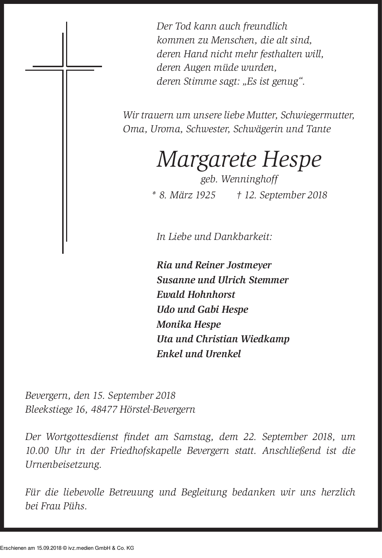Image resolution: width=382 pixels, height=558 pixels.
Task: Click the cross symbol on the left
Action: [64, 68]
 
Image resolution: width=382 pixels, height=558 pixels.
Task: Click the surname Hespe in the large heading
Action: [291, 160]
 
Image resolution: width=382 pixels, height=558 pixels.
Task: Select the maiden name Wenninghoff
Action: [249, 179]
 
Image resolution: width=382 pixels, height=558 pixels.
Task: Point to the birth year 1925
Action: [205, 195]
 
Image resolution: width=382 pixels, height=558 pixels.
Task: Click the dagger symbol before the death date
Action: [240, 195]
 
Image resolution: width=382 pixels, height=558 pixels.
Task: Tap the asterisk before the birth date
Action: [154, 194]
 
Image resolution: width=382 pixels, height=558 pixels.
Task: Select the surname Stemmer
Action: [269, 280]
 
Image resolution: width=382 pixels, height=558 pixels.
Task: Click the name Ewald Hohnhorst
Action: [196, 295]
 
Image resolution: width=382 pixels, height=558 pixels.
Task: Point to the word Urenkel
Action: [223, 354]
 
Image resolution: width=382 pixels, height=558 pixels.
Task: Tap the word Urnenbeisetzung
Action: [63, 465]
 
